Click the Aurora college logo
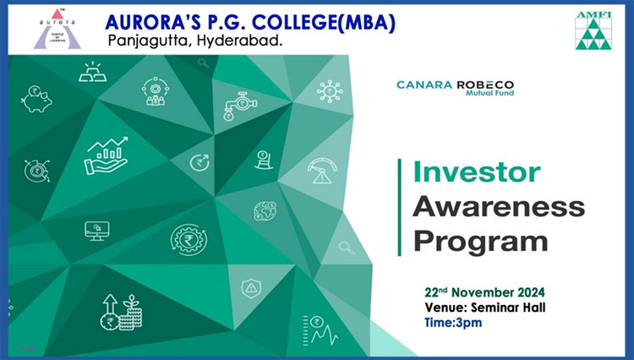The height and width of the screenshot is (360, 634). (57, 29)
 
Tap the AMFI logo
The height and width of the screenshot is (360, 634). (593, 30)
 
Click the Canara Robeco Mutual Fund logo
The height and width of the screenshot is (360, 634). (456, 88)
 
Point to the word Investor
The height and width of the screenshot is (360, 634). (477, 172)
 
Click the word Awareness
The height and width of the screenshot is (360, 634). (499, 206)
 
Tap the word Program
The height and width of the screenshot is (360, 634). (480, 242)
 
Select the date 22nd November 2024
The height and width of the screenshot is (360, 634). (484, 292)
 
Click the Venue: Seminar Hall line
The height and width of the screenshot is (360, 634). (485, 308)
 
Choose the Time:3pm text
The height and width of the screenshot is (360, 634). (453, 323)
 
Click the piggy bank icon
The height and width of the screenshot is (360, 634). (36, 99)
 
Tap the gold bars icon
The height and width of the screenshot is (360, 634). (93, 72)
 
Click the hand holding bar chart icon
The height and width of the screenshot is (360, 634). (107, 155)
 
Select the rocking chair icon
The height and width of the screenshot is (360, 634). (264, 160)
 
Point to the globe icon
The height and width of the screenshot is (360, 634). (265, 211)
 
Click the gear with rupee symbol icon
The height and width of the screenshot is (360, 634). (189, 240)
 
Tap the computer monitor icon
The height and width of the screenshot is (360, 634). (97, 231)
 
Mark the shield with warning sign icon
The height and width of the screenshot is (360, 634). (252, 288)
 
